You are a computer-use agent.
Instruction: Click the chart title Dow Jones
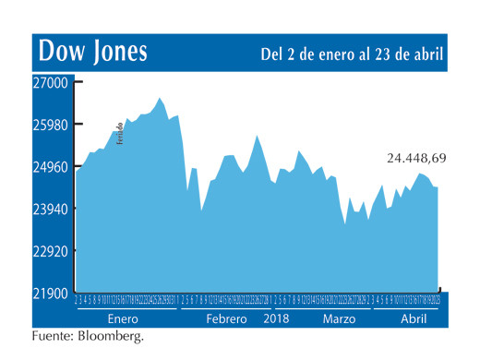click(90, 51)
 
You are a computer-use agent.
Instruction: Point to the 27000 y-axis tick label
click(52, 82)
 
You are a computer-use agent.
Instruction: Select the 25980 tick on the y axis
click(52, 125)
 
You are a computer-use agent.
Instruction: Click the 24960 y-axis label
click(52, 167)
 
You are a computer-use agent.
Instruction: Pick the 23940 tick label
click(52, 210)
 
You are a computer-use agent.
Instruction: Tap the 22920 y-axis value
click(52, 251)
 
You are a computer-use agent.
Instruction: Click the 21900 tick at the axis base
click(52, 294)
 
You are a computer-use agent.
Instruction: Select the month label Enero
click(123, 318)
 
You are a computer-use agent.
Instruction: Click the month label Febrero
click(226, 318)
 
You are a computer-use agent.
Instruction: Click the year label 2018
click(277, 318)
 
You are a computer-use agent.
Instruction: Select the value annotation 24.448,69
click(415, 158)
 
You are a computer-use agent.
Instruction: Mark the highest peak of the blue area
click(160, 97)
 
